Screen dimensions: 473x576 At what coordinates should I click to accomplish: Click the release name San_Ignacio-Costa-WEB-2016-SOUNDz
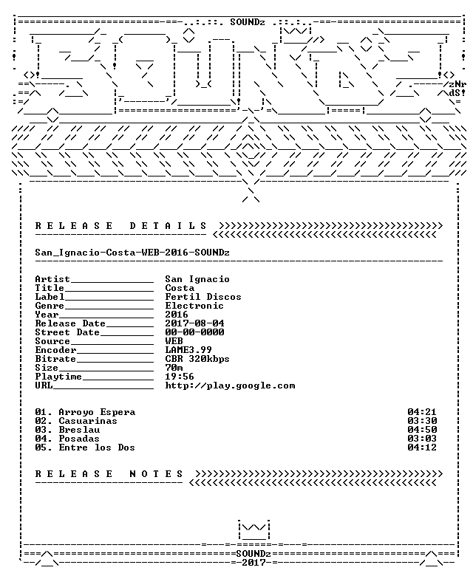(132, 253)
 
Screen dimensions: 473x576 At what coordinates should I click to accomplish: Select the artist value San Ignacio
(197, 279)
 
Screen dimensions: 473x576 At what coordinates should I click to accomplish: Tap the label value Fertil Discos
(203, 297)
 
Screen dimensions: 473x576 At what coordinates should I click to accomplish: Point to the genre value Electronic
(194, 306)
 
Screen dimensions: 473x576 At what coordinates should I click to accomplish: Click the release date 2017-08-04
(194, 323)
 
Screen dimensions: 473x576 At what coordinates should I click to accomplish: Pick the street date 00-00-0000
(194, 332)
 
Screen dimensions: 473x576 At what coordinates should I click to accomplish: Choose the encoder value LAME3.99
(188, 350)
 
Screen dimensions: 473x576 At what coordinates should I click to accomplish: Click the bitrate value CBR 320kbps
(197, 359)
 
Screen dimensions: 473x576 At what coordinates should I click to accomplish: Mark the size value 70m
(174, 368)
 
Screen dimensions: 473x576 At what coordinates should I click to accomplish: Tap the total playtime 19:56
(180, 377)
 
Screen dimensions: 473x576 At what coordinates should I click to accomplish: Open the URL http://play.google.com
(230, 385)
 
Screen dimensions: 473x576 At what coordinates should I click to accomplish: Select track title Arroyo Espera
(97, 412)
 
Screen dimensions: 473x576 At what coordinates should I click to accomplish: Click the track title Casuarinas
(88, 421)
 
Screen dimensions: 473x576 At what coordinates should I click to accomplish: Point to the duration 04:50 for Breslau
(422, 430)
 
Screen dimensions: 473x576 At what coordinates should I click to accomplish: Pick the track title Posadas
(79, 439)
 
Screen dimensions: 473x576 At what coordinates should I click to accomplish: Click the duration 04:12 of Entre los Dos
(422, 448)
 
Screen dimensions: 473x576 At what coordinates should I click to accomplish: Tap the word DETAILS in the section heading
(169, 225)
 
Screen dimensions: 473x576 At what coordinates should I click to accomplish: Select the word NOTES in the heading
(156, 474)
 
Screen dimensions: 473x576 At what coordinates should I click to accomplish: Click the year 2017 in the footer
(253, 563)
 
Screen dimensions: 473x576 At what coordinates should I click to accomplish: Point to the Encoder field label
(56, 350)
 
